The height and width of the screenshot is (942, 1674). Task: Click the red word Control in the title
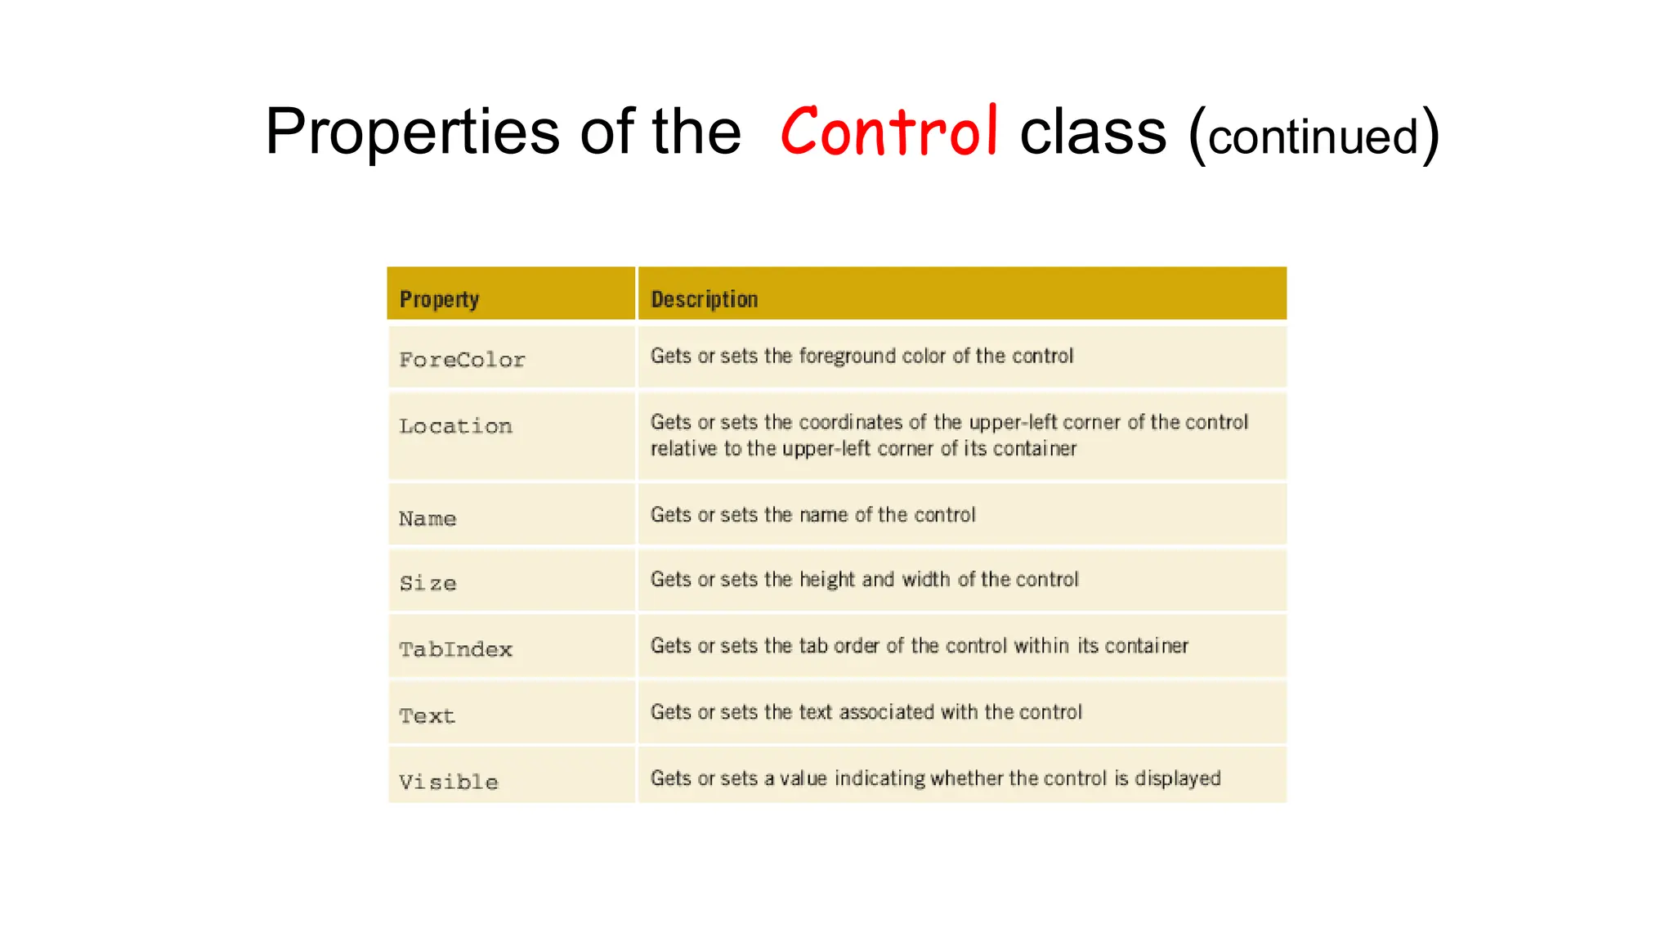coord(888,132)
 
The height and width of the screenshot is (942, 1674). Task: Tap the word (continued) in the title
coord(1314,136)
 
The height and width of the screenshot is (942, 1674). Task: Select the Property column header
coord(439,299)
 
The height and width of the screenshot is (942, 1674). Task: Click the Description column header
coord(704,299)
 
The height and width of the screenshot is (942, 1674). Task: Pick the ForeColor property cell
coord(462,360)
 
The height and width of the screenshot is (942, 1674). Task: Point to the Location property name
coord(455,426)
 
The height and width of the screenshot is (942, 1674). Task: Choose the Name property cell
coord(427,518)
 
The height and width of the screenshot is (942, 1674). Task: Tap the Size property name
coord(427,583)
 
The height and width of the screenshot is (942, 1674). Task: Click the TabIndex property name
coord(455,649)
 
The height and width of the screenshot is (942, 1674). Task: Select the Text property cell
coord(427,715)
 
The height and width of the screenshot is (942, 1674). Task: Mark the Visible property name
coord(448,782)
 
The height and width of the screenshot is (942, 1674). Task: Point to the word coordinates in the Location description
coord(850,422)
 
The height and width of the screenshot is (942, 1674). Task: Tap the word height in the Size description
coord(826,580)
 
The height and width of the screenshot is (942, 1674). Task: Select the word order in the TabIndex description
coord(856,646)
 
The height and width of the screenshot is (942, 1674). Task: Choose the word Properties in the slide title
coord(412,132)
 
